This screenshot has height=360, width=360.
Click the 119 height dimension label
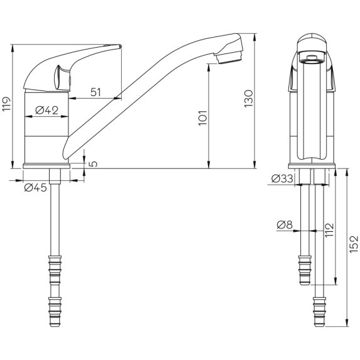point(6,103)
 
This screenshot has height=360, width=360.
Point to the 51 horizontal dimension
point(96,92)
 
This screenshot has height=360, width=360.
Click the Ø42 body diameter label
point(46,111)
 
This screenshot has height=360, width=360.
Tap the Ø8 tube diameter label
point(284,224)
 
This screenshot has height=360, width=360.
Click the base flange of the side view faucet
point(45,166)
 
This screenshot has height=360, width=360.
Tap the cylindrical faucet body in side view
point(45,129)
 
